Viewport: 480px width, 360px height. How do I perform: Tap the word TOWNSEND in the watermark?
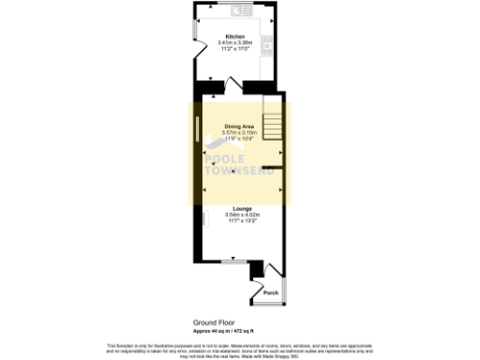tap(238, 172)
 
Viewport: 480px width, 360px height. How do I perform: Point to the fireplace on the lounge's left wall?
tap(203, 221)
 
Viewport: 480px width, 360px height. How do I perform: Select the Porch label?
tap(269, 293)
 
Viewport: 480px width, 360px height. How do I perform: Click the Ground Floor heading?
tap(213, 321)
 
